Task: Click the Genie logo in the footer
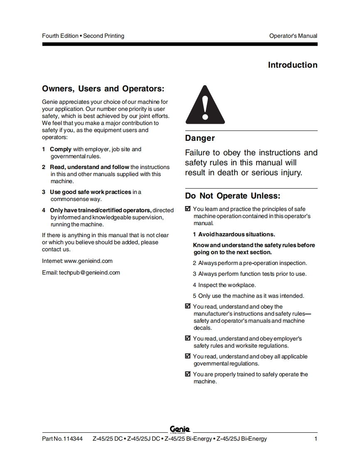(180, 429)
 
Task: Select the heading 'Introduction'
(292, 65)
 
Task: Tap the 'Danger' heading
(200, 138)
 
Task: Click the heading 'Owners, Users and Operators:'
(103, 89)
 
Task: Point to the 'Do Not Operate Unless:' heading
(233, 196)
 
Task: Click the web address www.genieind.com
(89, 261)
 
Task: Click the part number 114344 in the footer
(73, 439)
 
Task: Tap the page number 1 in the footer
(316, 439)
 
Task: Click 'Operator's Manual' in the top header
(293, 36)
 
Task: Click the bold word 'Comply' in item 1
(61, 149)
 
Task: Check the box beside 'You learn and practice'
(187, 209)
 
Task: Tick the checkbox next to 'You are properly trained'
(187, 374)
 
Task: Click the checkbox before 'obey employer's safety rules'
(187, 338)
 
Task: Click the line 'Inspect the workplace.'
(227, 285)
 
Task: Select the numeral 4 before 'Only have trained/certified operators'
(44, 210)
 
